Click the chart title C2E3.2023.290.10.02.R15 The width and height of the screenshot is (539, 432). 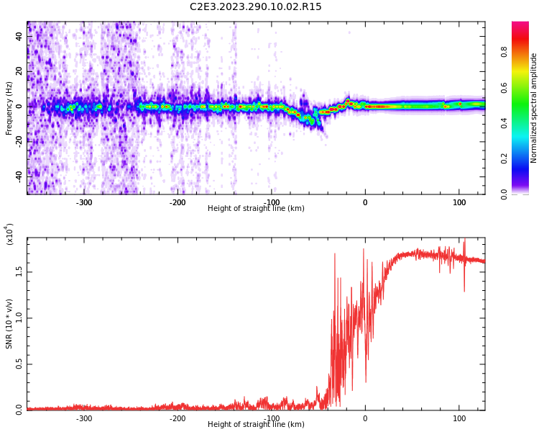255,7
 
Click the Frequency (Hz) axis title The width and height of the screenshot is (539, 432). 9,108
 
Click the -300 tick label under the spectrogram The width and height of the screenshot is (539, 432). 84,202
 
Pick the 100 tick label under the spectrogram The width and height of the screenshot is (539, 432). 459,202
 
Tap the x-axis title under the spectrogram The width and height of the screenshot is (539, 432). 256,209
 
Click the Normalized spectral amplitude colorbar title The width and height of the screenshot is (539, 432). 534,108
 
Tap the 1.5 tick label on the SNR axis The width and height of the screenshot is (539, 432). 18,271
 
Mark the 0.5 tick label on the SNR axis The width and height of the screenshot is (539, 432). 18,364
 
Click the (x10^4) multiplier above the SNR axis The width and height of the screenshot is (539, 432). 9,234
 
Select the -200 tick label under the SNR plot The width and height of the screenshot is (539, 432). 178,418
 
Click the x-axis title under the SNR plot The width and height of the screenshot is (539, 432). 256,425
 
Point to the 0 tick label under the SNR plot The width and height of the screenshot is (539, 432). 364,418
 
